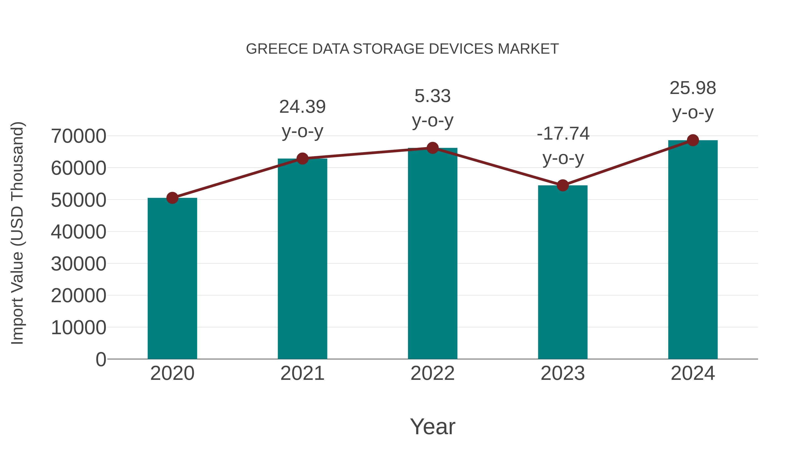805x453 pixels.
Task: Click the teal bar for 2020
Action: coord(172,278)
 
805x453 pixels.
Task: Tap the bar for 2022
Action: coord(432,253)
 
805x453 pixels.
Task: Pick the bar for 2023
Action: coord(563,272)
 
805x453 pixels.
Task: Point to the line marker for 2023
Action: coord(563,185)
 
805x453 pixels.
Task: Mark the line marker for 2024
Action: coord(693,140)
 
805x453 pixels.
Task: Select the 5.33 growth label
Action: coord(432,96)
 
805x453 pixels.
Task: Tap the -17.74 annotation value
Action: coord(563,134)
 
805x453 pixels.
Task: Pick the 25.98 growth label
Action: coord(693,88)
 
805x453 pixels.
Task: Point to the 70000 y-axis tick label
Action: coord(78,136)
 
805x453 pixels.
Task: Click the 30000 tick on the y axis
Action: coord(78,264)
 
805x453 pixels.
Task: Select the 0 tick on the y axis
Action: coord(101,359)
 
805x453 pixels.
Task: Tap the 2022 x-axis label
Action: coord(432,373)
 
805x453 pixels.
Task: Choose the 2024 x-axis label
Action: coord(693,373)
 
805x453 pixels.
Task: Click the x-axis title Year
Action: coord(432,426)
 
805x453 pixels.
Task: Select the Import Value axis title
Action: coord(17,233)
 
